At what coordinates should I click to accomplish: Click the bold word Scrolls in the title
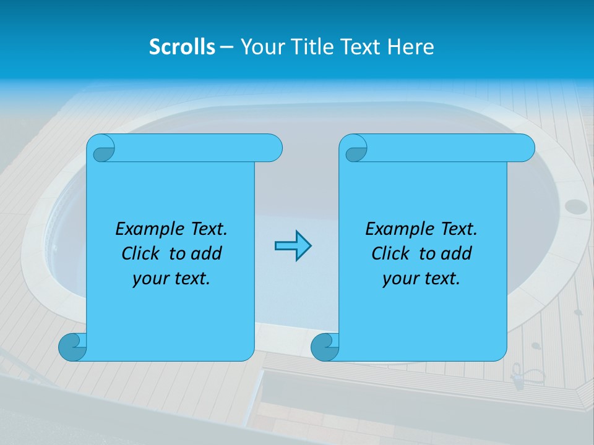pyautogui.click(x=182, y=47)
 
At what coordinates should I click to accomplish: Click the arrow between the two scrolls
pyautogui.click(x=293, y=245)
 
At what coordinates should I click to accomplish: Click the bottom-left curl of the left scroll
pyautogui.click(x=73, y=347)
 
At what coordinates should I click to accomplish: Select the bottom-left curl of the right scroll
pyautogui.click(x=325, y=347)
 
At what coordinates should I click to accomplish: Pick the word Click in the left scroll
pyautogui.click(x=141, y=253)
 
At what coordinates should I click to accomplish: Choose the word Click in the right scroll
pyautogui.click(x=390, y=253)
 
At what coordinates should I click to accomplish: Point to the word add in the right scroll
pyautogui.click(x=455, y=253)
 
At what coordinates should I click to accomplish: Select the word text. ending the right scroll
pyautogui.click(x=442, y=279)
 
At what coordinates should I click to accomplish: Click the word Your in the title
pyautogui.click(x=259, y=47)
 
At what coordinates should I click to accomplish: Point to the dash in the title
pyautogui.click(x=226, y=48)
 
